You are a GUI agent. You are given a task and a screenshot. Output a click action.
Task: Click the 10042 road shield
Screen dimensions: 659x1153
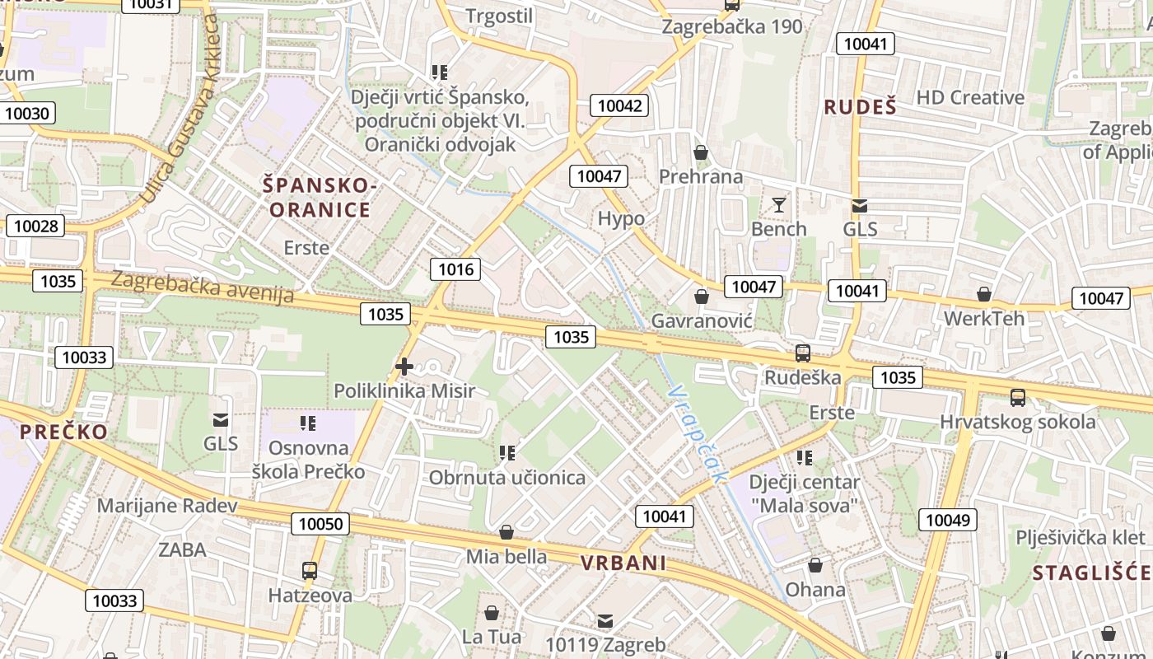619,105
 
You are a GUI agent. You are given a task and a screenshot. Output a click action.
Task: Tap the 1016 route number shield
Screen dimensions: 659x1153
455,269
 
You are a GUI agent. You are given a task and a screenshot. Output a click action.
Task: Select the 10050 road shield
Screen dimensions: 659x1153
320,524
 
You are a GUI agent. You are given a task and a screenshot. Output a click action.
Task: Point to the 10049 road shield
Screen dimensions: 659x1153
950,520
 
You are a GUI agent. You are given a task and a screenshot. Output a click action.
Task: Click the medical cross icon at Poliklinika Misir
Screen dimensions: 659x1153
404,367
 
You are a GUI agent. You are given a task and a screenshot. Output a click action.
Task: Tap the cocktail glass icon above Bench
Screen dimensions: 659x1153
778,205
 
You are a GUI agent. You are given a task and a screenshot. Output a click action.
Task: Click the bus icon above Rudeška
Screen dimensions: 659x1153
802,353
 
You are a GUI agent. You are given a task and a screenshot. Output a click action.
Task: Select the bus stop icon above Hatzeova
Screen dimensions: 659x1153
310,570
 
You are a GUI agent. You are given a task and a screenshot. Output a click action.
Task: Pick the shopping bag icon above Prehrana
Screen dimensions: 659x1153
701,152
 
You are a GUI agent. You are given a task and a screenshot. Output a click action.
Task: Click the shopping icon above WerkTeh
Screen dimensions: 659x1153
983,294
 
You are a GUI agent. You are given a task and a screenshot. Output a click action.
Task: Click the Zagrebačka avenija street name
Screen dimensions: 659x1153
202,287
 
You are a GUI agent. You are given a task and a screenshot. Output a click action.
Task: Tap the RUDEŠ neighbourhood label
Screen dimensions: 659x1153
860,106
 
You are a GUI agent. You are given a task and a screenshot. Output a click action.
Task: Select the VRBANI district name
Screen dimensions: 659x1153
623,563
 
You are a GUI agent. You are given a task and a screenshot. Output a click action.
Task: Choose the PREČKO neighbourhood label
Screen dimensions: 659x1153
63,432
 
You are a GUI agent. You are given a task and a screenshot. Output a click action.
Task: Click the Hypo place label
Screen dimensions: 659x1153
621,219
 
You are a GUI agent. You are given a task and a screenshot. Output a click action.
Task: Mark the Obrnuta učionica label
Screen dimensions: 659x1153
507,477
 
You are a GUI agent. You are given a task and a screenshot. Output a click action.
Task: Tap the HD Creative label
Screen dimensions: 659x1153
970,97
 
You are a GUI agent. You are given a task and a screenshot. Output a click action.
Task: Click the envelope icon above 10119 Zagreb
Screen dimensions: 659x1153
605,620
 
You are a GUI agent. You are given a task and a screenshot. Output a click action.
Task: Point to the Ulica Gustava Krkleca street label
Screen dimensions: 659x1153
180,107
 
